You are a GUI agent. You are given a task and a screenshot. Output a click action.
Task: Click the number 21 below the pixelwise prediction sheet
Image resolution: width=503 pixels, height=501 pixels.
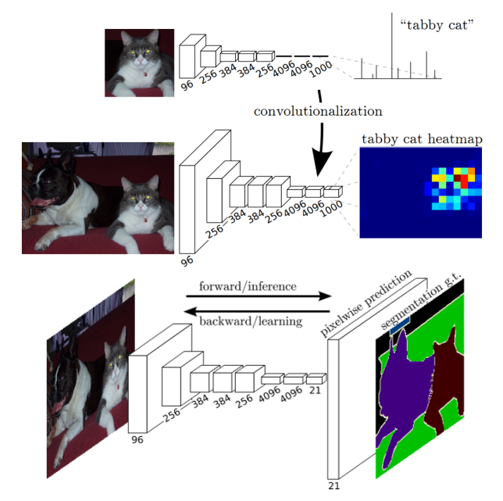click(x=334, y=486)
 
